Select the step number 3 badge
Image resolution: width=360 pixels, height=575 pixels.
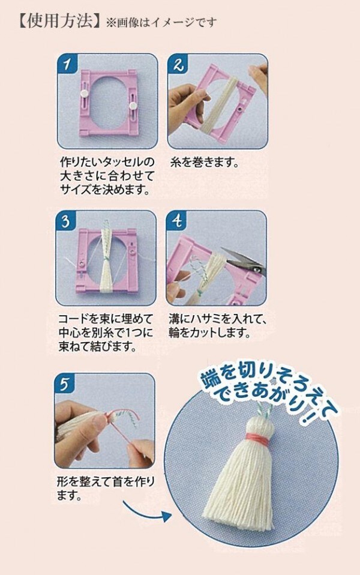click(66, 221)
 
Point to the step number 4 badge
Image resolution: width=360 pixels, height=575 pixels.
click(177, 221)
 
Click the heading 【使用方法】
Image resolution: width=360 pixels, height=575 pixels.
click(58, 21)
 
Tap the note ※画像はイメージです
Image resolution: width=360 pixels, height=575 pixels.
click(161, 23)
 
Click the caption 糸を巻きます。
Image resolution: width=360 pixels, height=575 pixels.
click(204, 163)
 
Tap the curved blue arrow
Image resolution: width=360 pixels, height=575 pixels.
click(146, 512)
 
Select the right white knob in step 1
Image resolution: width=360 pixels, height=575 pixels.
click(133, 106)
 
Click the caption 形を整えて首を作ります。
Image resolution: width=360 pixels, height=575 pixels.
click(106, 489)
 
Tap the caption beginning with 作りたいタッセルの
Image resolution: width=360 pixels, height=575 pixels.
click(107, 176)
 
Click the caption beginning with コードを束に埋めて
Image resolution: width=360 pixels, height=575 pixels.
click(106, 333)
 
